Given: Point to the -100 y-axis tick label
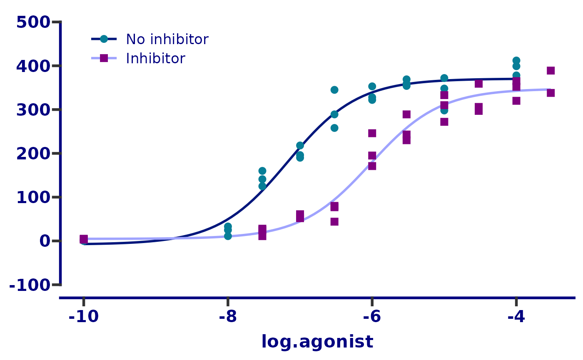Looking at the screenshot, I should (x=30, y=286).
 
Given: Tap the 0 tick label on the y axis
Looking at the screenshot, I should (x=45, y=241).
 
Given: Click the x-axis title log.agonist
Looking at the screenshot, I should (x=317, y=342).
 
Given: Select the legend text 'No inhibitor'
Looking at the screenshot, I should (x=167, y=40).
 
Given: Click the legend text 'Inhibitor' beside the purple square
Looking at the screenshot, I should (x=155, y=59).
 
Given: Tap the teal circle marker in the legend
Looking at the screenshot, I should (x=104, y=39).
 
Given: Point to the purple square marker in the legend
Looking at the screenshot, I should (x=104, y=58).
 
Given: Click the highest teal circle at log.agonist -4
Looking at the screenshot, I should (x=516, y=61).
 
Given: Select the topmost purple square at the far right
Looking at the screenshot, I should (x=551, y=71).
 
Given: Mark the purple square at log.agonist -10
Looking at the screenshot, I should (x=84, y=239).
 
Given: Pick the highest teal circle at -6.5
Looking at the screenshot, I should (x=334, y=90).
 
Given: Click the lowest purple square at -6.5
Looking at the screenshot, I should (x=334, y=222).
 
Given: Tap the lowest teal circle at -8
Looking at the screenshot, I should (x=228, y=236).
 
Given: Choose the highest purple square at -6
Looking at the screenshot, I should (x=372, y=133).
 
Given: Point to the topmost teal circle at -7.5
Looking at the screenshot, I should (x=262, y=171).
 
